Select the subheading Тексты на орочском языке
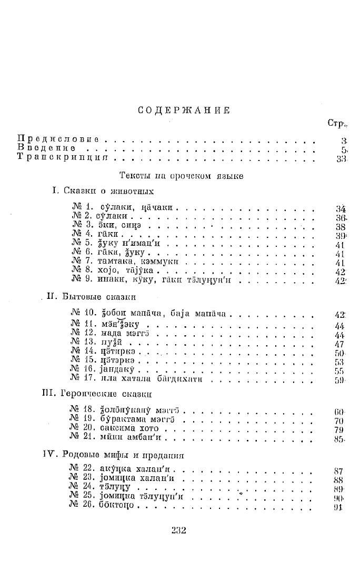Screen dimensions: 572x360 tap(182, 176)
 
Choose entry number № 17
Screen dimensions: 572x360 tap(81, 379)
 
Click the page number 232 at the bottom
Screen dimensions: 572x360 tap(179, 530)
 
